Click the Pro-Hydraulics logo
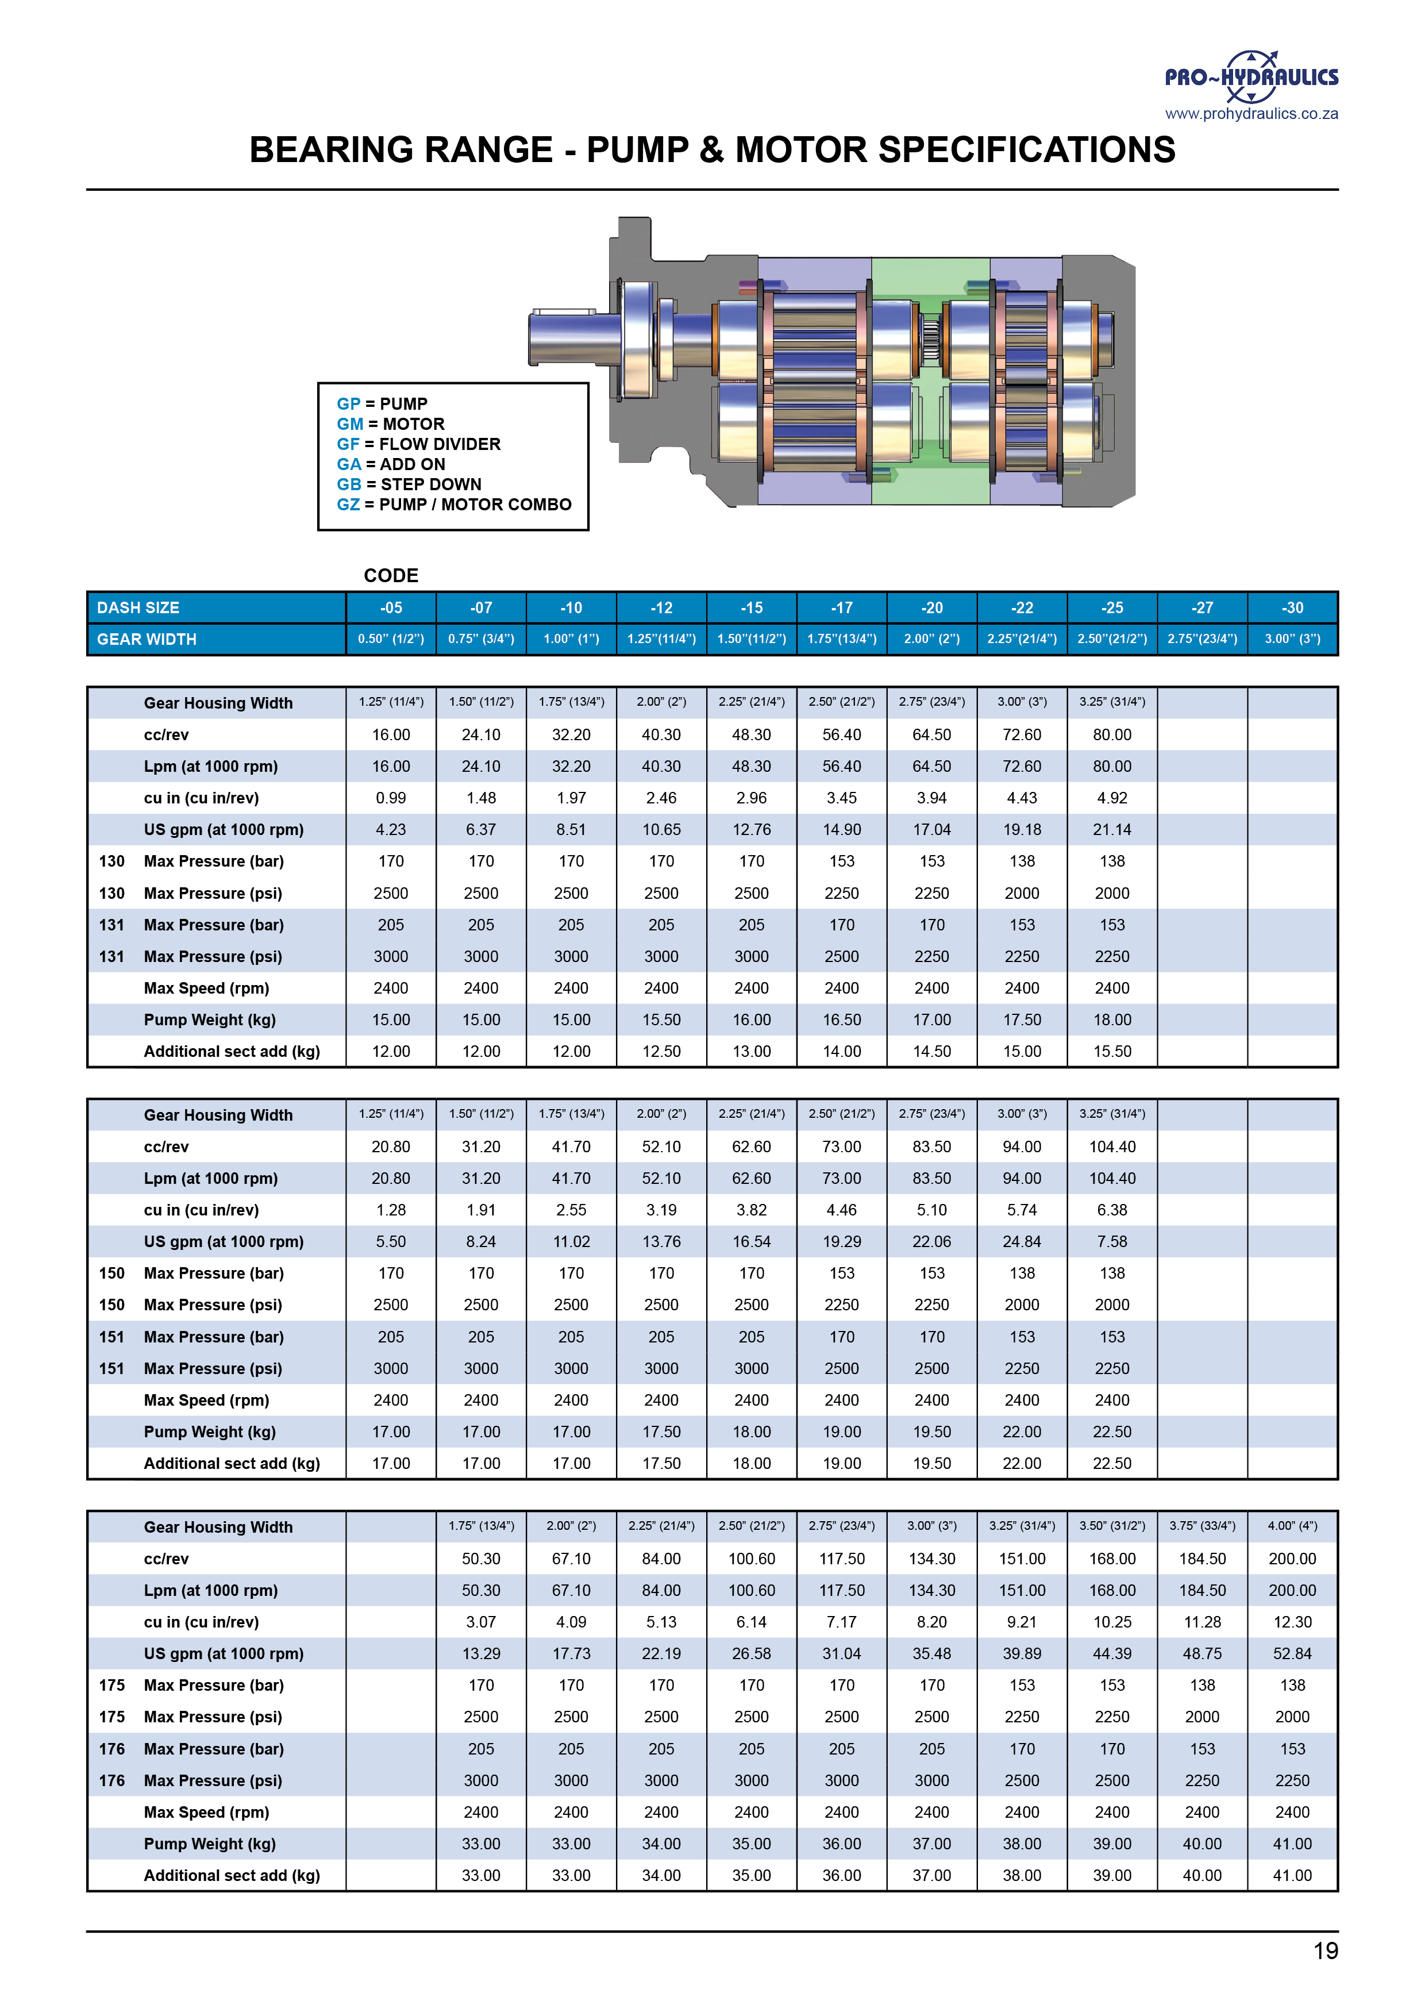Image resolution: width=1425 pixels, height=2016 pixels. tap(1251, 77)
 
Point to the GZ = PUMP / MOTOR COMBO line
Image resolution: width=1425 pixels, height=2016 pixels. tap(453, 505)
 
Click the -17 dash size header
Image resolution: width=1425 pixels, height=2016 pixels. tap(841, 607)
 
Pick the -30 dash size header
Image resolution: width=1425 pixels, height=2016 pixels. tap(1292, 607)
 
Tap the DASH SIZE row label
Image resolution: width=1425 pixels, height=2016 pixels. tap(138, 607)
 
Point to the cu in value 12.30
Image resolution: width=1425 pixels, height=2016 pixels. tap(1292, 1622)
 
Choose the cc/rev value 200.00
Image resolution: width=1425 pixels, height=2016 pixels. tap(1292, 1559)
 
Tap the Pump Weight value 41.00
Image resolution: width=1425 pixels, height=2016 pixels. tap(1292, 1844)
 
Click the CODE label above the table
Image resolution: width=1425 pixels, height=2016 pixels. tap(391, 576)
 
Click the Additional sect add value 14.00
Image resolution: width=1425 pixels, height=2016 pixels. tap(841, 1051)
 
